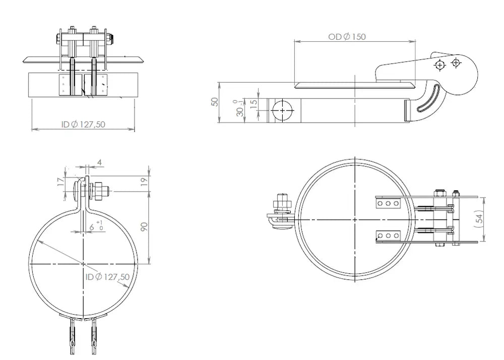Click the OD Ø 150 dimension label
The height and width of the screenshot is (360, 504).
click(x=347, y=37)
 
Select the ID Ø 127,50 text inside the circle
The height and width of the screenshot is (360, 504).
click(x=108, y=277)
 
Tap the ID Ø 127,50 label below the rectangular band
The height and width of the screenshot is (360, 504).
click(x=83, y=124)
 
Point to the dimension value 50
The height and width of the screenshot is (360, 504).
click(x=215, y=102)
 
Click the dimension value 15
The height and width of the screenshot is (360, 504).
click(x=254, y=103)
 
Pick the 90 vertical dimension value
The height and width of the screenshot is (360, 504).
click(x=144, y=226)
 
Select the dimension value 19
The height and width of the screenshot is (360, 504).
click(x=144, y=182)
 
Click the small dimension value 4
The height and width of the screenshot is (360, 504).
click(x=99, y=162)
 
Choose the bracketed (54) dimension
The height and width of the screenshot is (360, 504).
click(x=479, y=219)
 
